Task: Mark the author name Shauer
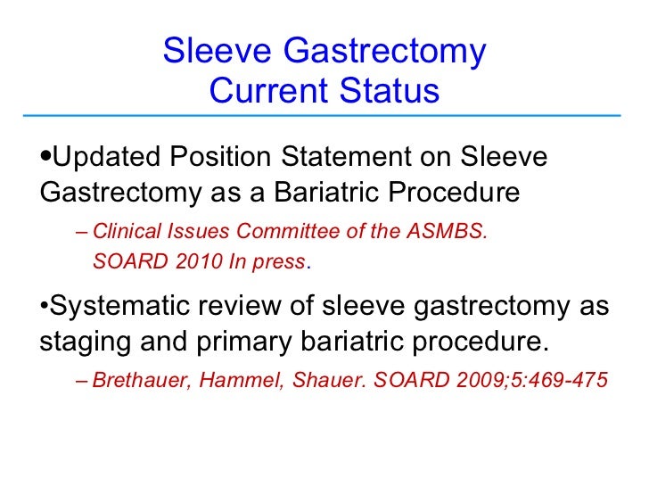[x=319, y=382]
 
